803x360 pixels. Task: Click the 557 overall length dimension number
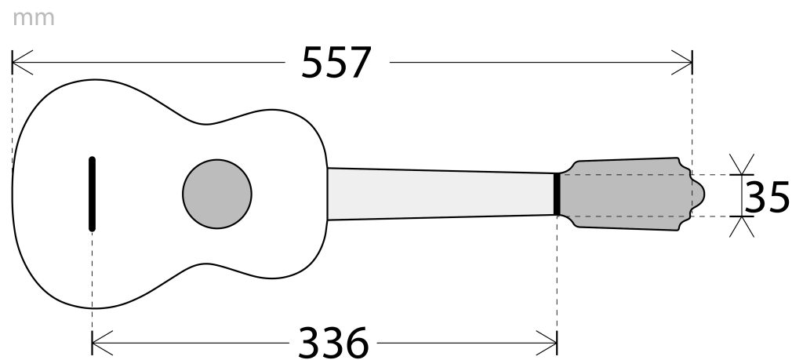point(336,63)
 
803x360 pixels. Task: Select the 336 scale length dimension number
point(332,343)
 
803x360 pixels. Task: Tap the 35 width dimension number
point(767,197)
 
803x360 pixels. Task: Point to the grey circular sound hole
point(217,194)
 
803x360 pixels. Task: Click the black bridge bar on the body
point(93,194)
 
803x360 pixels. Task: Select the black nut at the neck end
point(557,194)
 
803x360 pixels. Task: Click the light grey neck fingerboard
point(441,194)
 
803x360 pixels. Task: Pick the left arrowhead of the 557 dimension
point(22,63)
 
